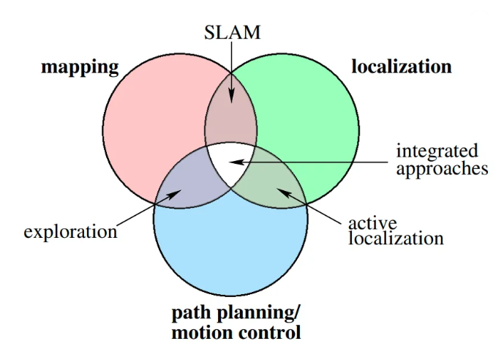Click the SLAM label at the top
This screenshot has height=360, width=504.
tap(231, 31)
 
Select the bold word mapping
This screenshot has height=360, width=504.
tap(80, 68)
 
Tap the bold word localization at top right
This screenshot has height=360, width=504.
tap(402, 67)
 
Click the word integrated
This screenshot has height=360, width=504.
tap(437, 151)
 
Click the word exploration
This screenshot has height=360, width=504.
tap(70, 232)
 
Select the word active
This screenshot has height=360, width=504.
tap(372, 222)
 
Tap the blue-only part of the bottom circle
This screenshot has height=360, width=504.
tap(230, 249)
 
